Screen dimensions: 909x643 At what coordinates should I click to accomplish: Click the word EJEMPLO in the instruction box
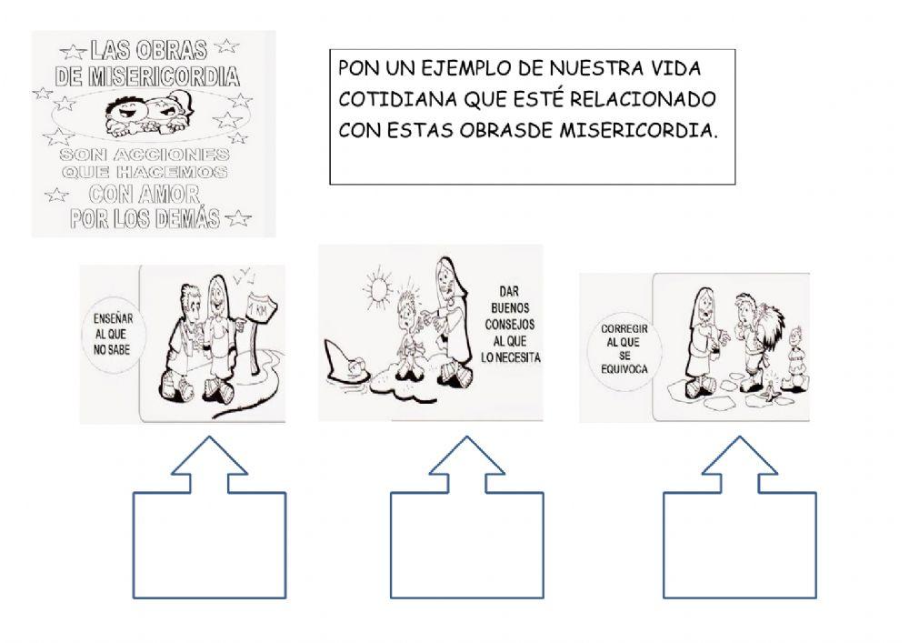coord(466,68)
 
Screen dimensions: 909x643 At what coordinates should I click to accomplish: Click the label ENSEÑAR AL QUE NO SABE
coord(113,334)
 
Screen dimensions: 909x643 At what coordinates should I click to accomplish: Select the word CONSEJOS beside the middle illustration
coord(510,324)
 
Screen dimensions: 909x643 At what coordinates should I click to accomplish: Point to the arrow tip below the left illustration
coord(209,437)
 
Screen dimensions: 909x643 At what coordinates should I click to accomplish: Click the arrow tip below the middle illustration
coord(466,437)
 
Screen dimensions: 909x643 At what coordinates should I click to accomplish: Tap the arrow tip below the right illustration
coord(739,437)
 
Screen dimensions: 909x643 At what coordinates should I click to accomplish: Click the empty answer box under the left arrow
coord(209,545)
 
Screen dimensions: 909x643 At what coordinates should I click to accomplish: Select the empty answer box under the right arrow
coord(740,545)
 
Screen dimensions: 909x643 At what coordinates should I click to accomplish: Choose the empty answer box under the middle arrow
coord(466,545)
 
